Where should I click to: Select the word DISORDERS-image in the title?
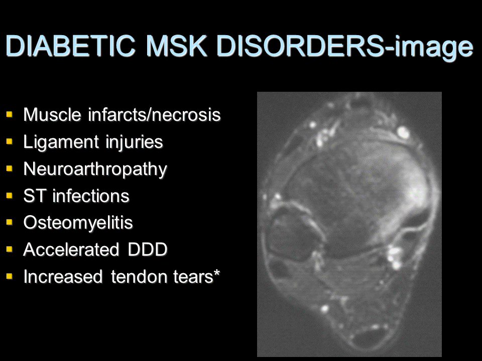(344, 47)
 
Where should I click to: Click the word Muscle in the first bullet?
(52, 114)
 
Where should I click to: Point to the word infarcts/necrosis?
(154, 114)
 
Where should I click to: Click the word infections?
(91, 196)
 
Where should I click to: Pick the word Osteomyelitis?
(78, 223)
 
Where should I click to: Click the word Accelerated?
(71, 249)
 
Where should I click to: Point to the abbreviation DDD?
(148, 249)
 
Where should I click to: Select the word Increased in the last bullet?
(63, 276)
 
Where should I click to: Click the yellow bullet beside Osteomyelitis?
(10, 222)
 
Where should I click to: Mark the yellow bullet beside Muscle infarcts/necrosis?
(10, 114)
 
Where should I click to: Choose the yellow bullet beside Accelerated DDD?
(10, 249)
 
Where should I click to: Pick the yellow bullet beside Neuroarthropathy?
(10, 168)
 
